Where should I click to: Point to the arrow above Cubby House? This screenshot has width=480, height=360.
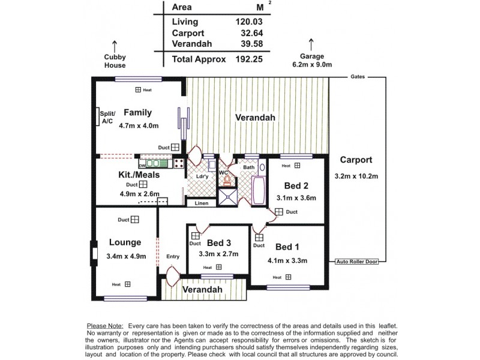(114, 44)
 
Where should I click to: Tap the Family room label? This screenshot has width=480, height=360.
(138, 112)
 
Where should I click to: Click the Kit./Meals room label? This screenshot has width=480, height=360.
(139, 176)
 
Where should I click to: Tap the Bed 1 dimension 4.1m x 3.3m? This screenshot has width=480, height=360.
(287, 260)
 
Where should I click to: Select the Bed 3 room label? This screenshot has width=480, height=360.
(219, 243)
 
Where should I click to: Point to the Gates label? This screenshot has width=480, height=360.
(359, 77)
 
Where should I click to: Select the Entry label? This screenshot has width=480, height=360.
(173, 256)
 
